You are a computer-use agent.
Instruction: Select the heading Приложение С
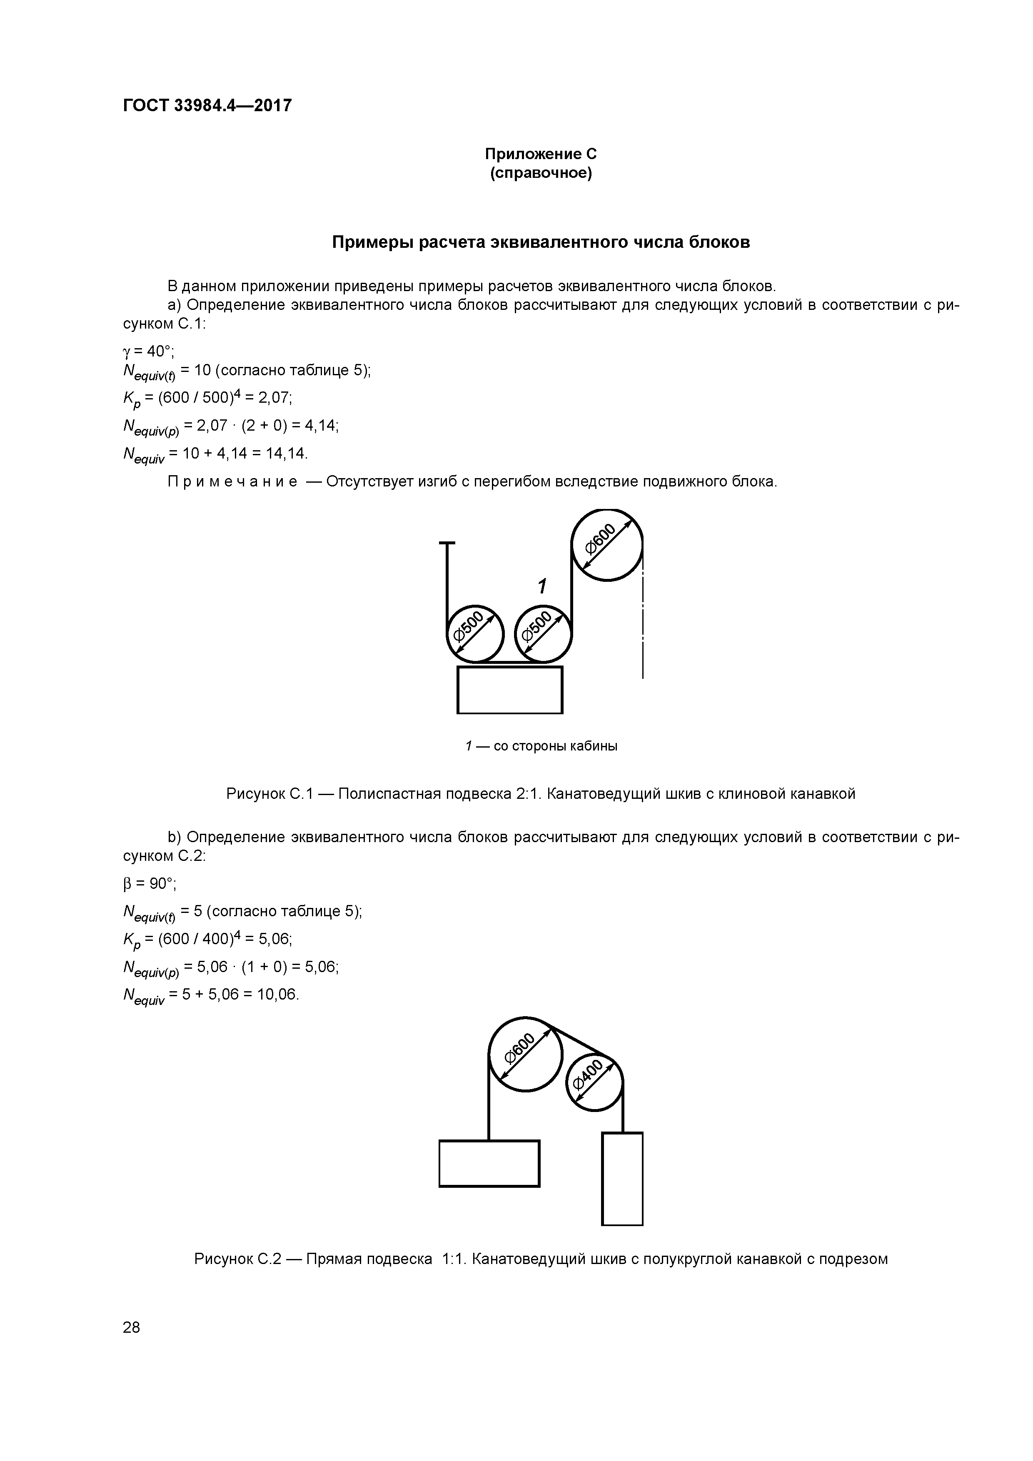coord(540,154)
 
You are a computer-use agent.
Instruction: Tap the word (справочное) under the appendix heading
coord(540,173)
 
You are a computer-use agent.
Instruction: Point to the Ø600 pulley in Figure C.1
coord(607,545)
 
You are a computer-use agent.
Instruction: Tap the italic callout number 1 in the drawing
coord(541,586)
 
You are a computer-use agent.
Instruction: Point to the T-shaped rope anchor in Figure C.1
coord(447,545)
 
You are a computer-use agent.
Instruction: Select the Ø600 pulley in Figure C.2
coord(525,1055)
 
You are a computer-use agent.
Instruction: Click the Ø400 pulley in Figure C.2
coord(594,1082)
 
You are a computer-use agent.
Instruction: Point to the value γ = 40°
coord(148,351)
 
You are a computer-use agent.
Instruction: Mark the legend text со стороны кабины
coord(555,746)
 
